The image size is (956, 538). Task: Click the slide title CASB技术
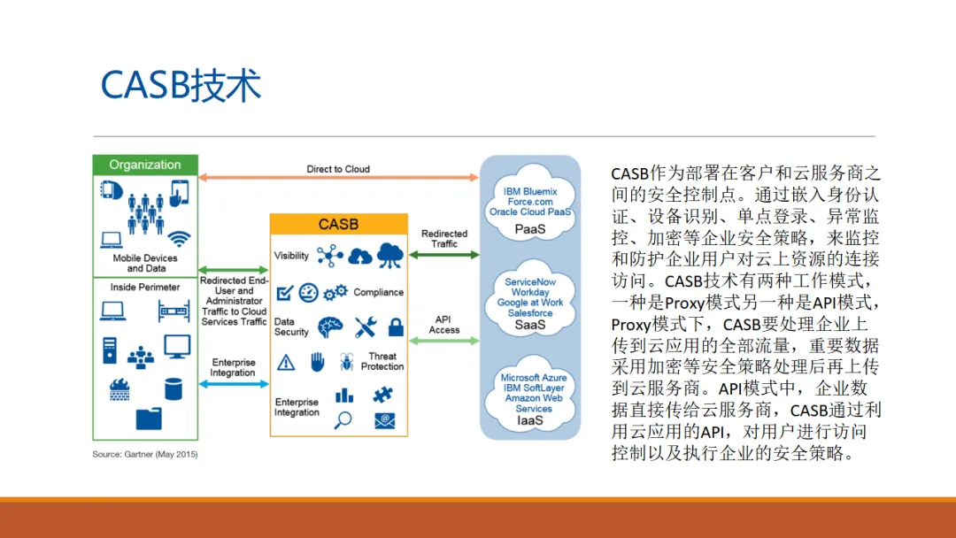click(181, 85)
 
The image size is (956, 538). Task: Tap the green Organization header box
click(145, 165)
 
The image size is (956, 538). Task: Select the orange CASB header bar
click(338, 224)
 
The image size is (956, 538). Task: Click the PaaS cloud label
click(530, 229)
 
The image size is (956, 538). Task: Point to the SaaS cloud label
click(530, 325)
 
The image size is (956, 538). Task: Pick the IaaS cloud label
click(530, 421)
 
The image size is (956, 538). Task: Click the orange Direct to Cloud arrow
click(338, 178)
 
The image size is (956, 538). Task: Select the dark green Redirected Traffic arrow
click(443, 255)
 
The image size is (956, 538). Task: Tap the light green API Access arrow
click(443, 340)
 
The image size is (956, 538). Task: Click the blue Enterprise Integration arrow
click(234, 383)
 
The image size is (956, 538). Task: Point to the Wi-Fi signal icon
click(180, 239)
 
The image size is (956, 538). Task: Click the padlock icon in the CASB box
click(396, 327)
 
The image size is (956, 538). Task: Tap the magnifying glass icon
click(343, 421)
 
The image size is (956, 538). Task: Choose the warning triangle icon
click(286, 362)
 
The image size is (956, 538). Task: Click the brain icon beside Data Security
click(330, 327)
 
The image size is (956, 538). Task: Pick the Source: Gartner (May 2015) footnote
click(145, 454)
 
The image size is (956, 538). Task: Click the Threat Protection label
click(382, 361)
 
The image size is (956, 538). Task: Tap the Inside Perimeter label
click(145, 287)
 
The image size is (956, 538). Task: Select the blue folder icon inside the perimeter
click(149, 419)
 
